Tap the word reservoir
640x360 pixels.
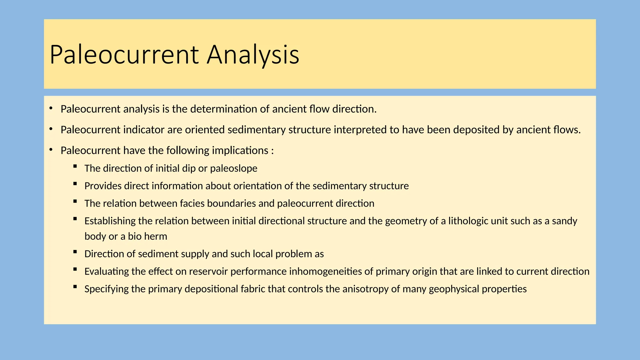pyautogui.click(x=208, y=271)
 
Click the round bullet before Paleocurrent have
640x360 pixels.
pyautogui.click(x=51, y=150)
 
